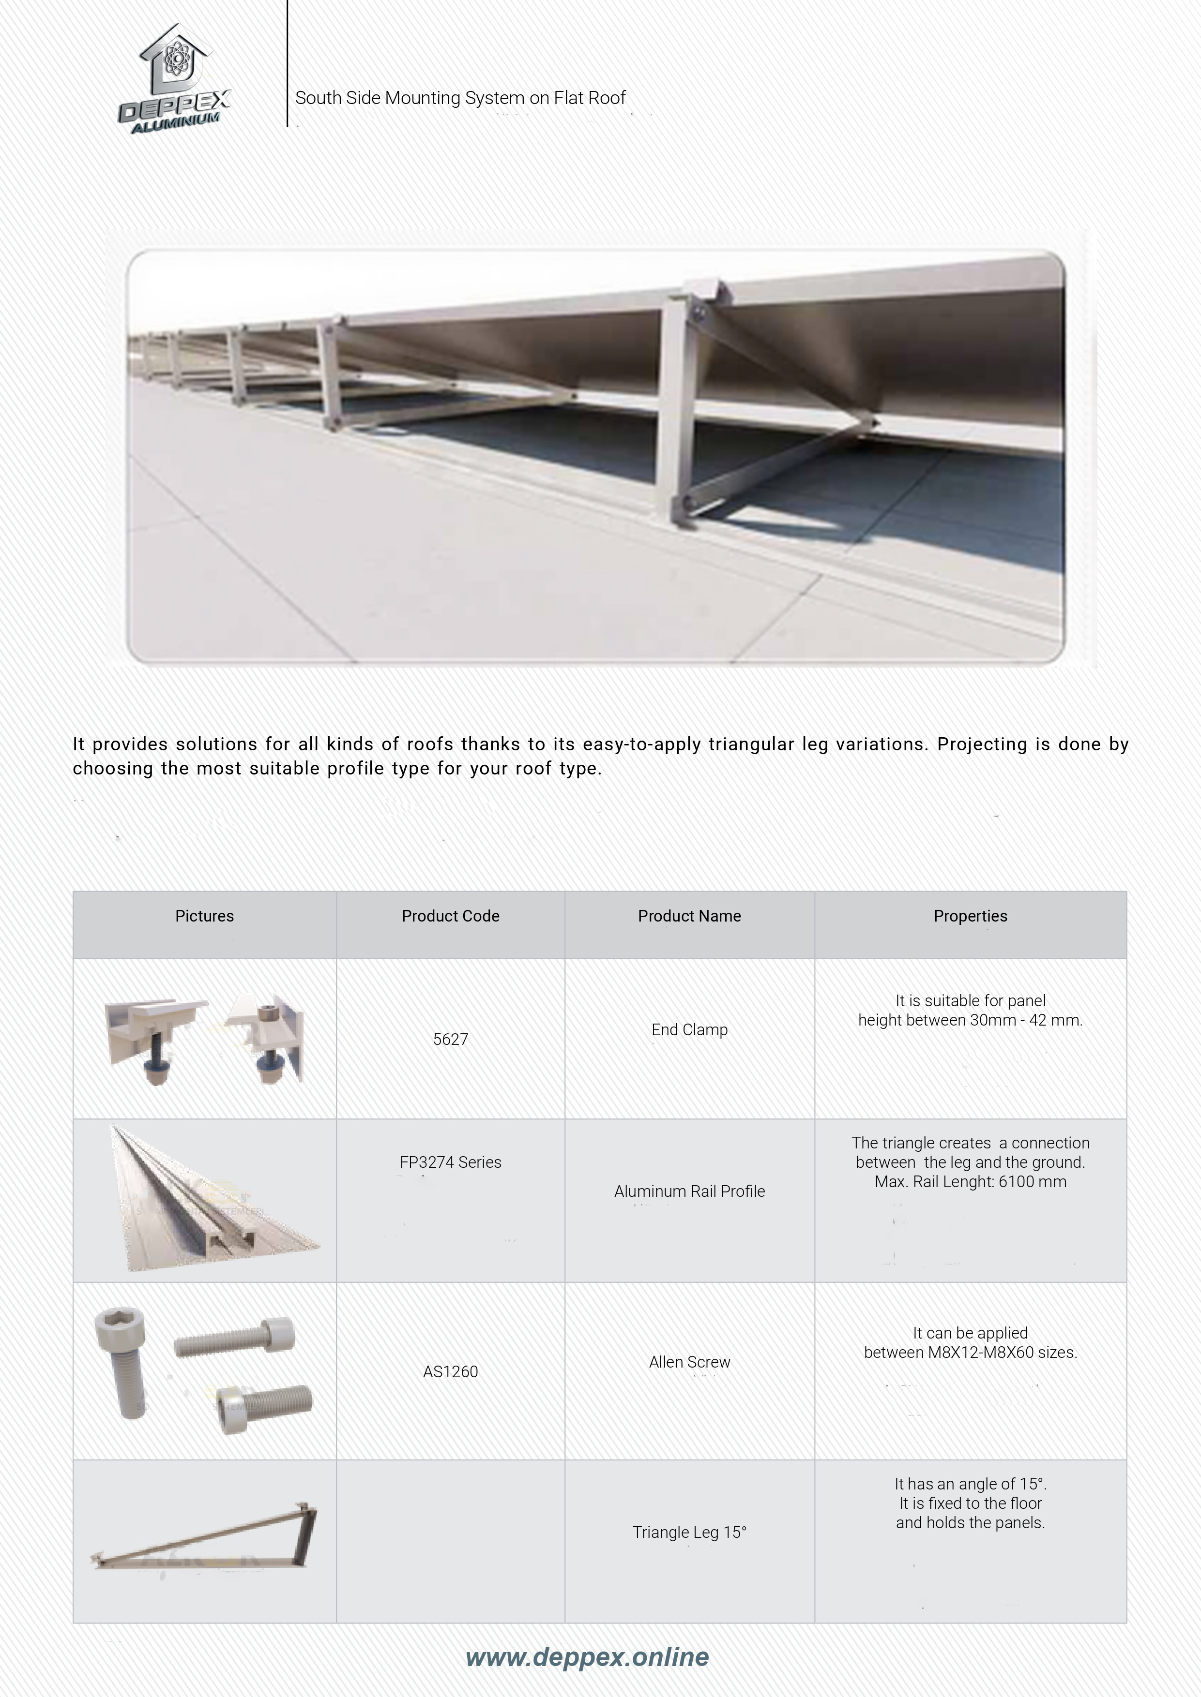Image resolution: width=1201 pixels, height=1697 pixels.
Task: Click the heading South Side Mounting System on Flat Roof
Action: (x=460, y=98)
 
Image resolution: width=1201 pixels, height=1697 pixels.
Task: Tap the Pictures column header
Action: (x=204, y=916)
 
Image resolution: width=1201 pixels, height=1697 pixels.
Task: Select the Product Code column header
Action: (x=450, y=916)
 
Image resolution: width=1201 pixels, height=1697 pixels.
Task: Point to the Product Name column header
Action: (x=689, y=916)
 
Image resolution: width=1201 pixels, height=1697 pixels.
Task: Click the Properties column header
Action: (x=970, y=916)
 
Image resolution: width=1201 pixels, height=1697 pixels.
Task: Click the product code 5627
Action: (x=450, y=1039)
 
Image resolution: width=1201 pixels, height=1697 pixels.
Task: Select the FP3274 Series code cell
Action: (x=450, y=1162)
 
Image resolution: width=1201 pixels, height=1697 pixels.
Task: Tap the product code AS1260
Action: (x=450, y=1372)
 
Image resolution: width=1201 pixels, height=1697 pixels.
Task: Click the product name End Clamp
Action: (x=689, y=1029)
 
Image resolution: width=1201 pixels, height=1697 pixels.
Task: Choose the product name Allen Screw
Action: (x=689, y=1362)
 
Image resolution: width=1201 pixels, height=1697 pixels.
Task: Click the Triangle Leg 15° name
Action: (x=689, y=1532)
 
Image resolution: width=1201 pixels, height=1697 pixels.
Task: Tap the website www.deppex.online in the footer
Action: (x=587, y=1657)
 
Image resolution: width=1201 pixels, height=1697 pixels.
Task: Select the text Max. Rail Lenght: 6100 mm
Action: (x=970, y=1181)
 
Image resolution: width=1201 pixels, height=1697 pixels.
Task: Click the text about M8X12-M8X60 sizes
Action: (x=970, y=1353)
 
